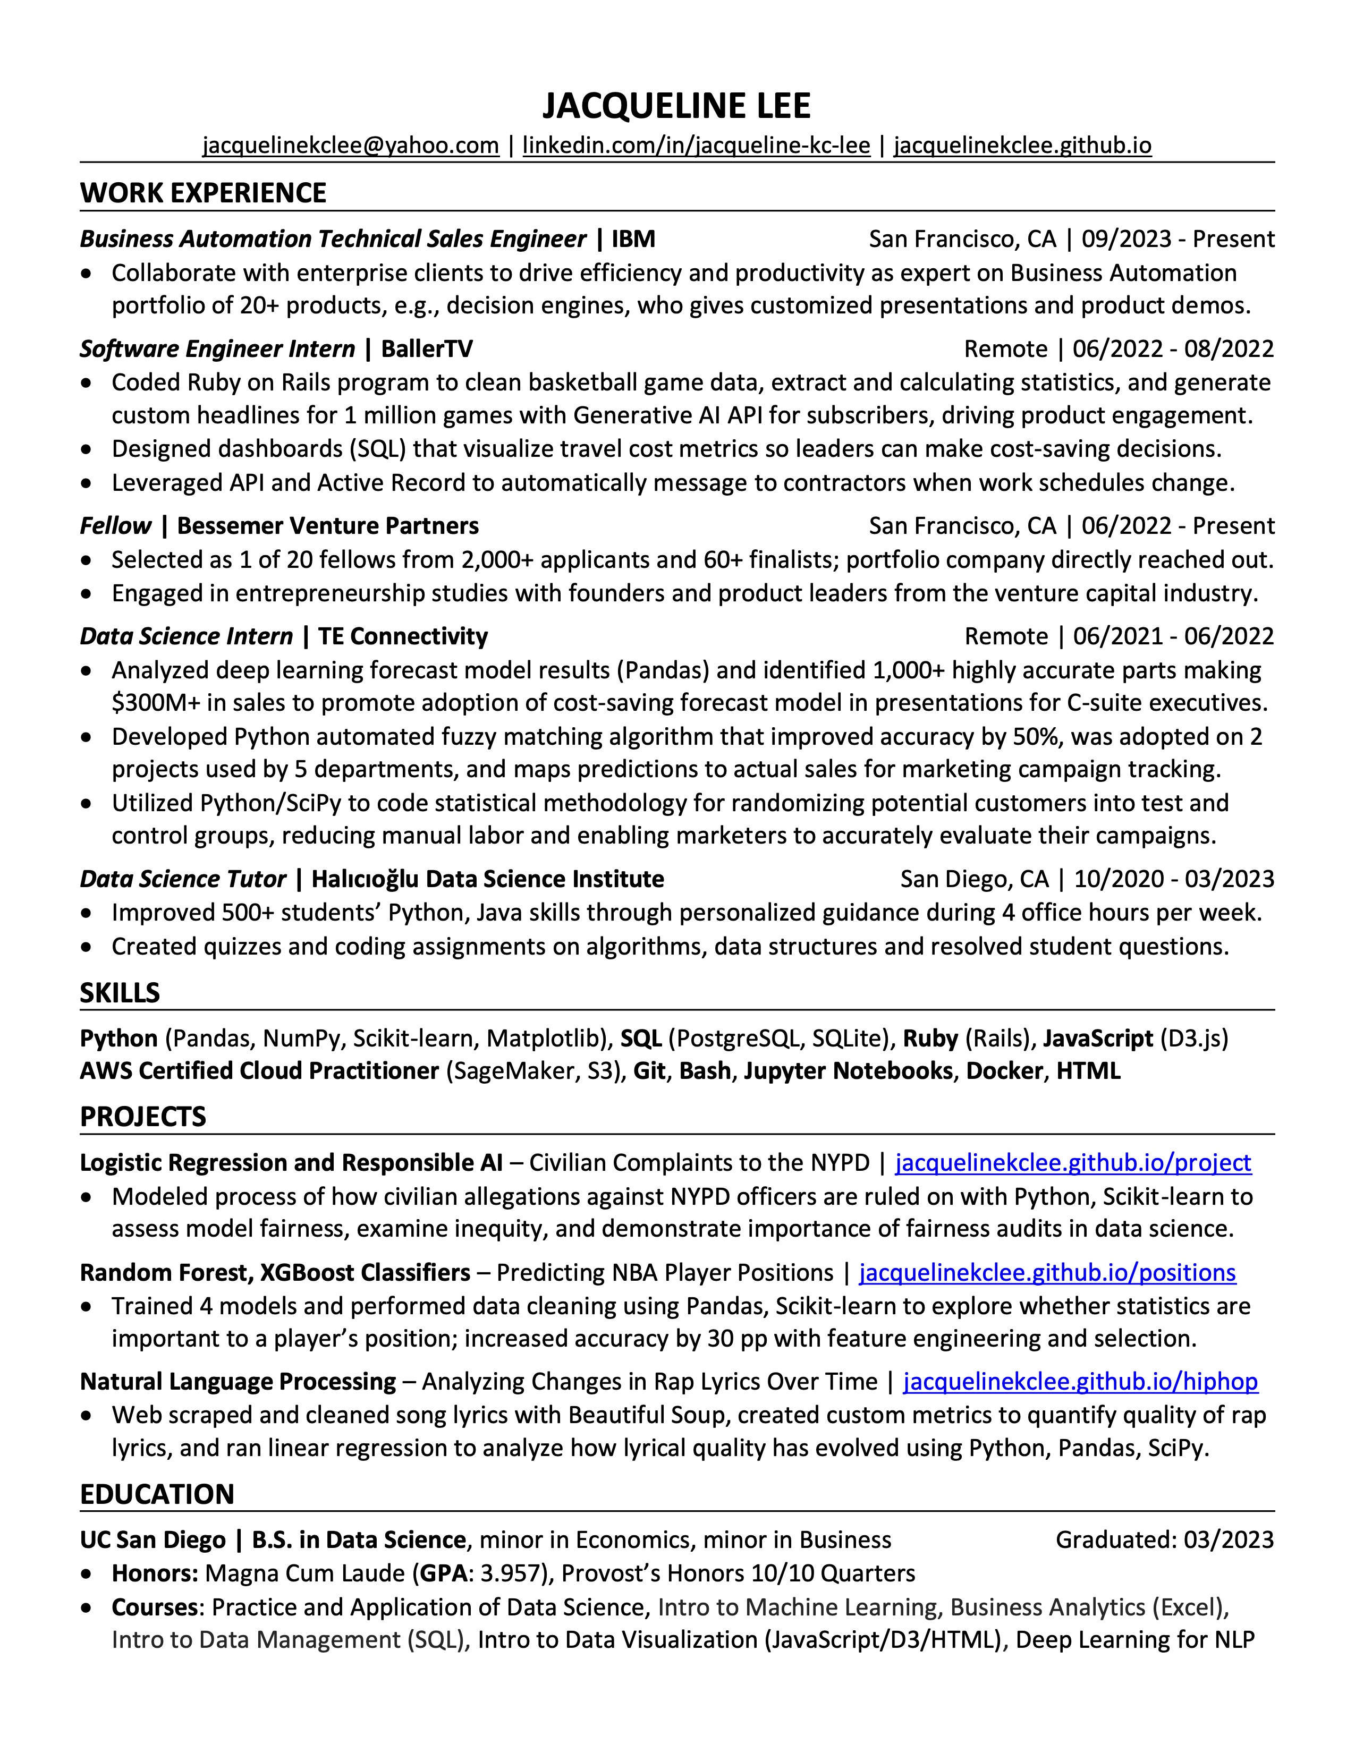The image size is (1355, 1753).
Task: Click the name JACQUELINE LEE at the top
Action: [x=676, y=106]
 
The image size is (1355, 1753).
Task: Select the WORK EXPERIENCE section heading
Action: [x=203, y=193]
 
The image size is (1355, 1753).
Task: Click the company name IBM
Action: [x=633, y=239]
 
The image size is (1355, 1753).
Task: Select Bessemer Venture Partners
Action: [x=327, y=526]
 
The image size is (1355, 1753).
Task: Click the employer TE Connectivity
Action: [x=403, y=636]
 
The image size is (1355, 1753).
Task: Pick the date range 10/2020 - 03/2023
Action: [x=1174, y=879]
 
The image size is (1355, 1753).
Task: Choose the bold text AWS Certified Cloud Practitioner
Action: [x=259, y=1071]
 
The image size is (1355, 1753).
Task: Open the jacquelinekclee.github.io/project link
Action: [x=1072, y=1163]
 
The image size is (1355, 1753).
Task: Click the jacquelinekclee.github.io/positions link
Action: [x=1047, y=1272]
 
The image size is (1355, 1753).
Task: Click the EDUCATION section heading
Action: [x=157, y=1494]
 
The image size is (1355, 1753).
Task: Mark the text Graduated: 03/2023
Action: [x=1164, y=1539]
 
